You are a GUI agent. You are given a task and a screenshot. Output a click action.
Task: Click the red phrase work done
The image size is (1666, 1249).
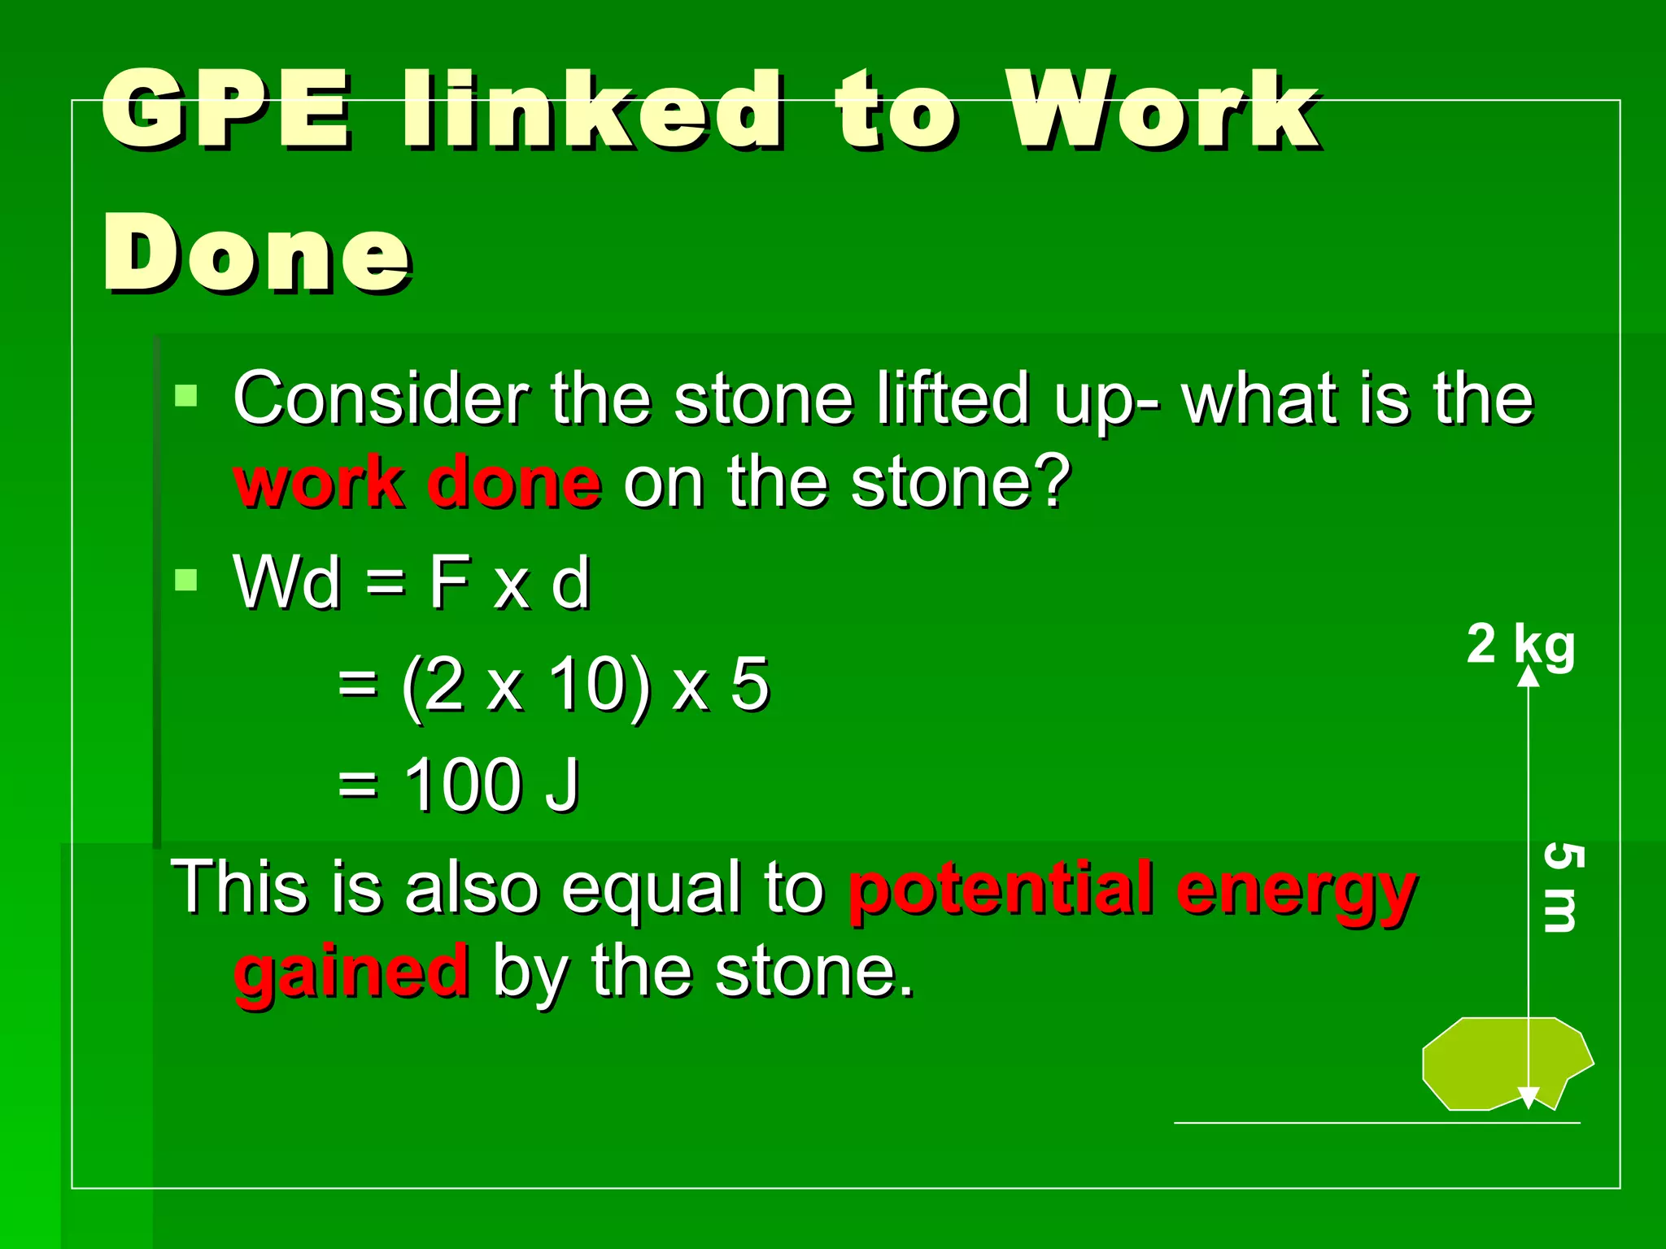pyautogui.click(x=417, y=483)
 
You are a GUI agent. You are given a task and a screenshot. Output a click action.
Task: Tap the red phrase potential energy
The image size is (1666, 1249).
pyautogui.click(x=1132, y=888)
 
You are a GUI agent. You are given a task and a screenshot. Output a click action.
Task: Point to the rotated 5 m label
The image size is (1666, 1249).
pyautogui.click(x=1562, y=888)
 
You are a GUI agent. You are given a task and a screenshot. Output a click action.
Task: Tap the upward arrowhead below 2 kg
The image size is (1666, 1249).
pyautogui.click(x=1529, y=677)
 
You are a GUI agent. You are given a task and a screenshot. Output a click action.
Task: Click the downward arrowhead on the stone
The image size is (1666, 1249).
pyautogui.click(x=1529, y=1098)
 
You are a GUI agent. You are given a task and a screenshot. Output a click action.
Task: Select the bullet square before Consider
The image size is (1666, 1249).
pyautogui.click(x=186, y=397)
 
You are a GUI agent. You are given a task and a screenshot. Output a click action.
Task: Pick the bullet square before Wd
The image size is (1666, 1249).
pyautogui.click(x=186, y=581)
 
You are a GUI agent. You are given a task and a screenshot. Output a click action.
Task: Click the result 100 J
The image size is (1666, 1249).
pyautogui.click(x=491, y=785)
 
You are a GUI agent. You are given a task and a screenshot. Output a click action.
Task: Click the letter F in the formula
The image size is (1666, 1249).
pyautogui.click(x=449, y=582)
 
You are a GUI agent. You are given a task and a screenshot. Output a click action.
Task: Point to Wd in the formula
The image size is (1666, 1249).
pyautogui.click(x=286, y=582)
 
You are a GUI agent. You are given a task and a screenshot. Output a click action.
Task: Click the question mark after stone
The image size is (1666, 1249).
pyautogui.click(x=1053, y=483)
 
